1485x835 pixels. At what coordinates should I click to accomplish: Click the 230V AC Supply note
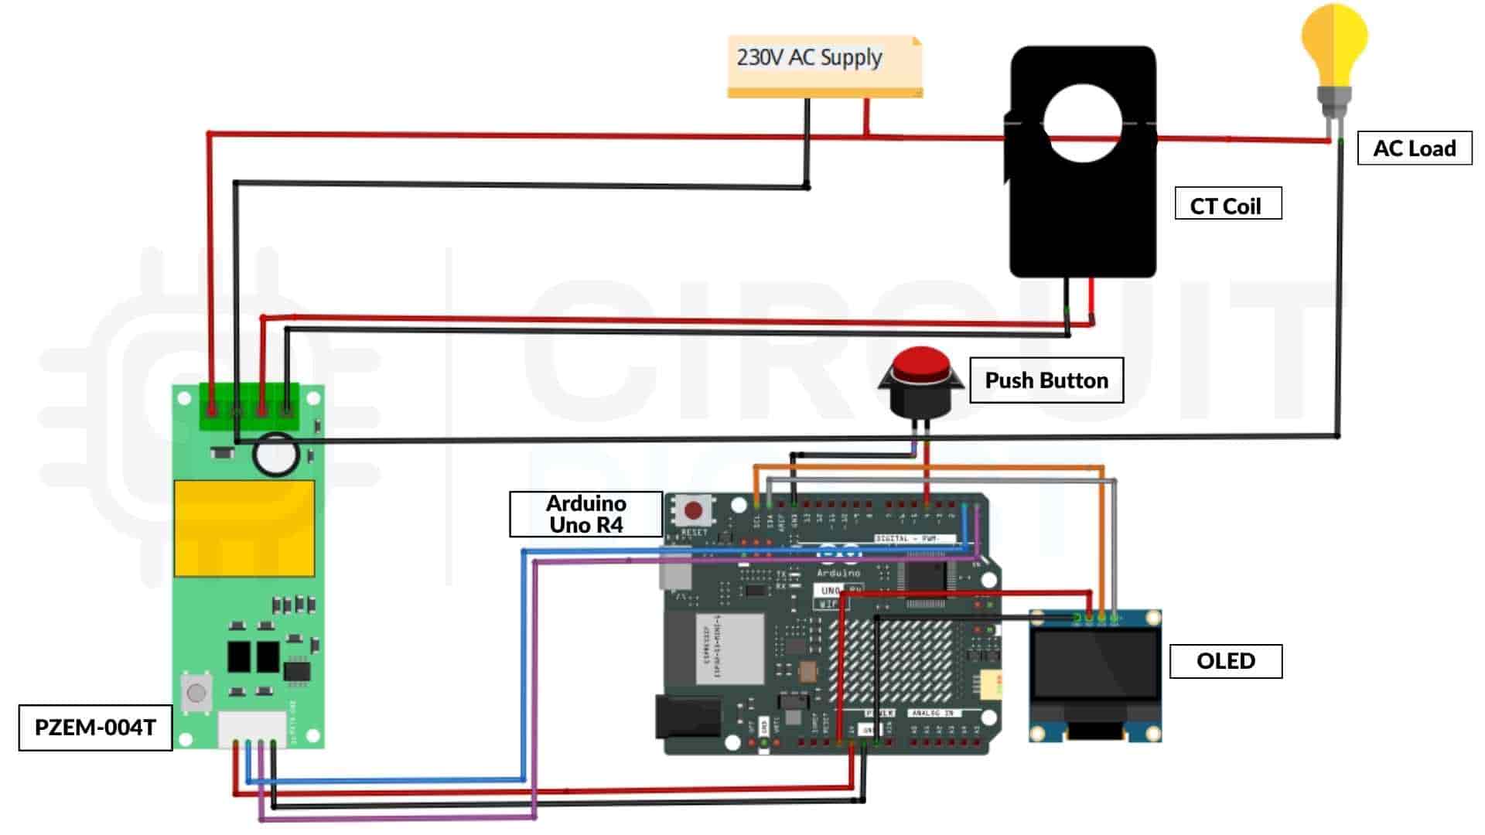824,65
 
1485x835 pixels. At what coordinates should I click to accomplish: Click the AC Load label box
1414,148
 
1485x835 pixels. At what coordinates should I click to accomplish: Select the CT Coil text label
1227,204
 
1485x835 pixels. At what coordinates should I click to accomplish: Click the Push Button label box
1046,380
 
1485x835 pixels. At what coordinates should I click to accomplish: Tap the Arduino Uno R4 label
585,514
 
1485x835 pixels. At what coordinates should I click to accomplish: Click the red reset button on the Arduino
694,510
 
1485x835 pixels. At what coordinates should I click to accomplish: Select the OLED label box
1225,661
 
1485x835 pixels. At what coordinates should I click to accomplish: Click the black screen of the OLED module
1095,665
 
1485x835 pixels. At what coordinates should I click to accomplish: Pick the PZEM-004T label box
95,728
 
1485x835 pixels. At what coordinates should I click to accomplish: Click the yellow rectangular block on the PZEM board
244,529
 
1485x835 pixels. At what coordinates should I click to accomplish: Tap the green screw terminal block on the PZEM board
249,407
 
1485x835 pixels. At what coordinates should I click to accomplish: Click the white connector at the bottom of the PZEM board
252,729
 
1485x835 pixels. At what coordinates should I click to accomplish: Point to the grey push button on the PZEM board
196,692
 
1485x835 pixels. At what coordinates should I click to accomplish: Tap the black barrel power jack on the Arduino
688,717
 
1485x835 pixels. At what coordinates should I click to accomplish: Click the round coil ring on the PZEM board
275,455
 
